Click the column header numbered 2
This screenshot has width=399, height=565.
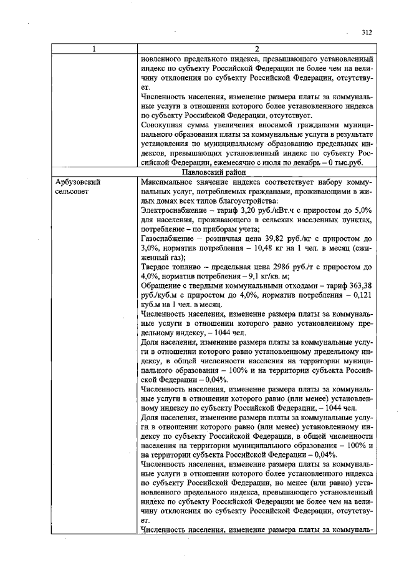click(x=257, y=50)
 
